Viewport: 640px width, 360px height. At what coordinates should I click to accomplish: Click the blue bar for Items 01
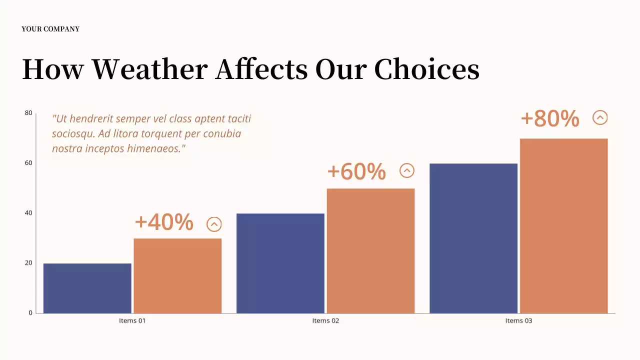87,288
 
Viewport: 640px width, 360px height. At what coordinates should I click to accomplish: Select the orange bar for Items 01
177,275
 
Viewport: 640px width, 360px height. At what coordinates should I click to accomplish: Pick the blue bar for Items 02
280,263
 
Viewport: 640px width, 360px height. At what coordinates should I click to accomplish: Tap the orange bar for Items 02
370,250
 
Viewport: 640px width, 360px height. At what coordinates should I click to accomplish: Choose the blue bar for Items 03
473,238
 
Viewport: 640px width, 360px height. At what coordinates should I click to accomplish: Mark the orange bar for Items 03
563,225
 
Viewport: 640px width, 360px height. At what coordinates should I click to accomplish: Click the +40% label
164,222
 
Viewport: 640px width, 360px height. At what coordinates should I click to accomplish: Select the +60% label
356,171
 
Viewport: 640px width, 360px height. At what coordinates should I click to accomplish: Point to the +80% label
550,118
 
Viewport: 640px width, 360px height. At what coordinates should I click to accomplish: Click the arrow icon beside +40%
214,224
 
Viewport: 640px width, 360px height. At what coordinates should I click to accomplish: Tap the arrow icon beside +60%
407,171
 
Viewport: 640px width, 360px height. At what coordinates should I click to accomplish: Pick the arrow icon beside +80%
600,117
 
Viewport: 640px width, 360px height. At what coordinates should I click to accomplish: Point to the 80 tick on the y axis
28,113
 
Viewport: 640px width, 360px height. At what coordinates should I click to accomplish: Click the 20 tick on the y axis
28,263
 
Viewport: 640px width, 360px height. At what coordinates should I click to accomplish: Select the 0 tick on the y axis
30,313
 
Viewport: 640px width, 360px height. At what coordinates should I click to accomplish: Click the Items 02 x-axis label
325,320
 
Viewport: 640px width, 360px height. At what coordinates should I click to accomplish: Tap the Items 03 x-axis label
518,320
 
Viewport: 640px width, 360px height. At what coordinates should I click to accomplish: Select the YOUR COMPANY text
50,29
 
